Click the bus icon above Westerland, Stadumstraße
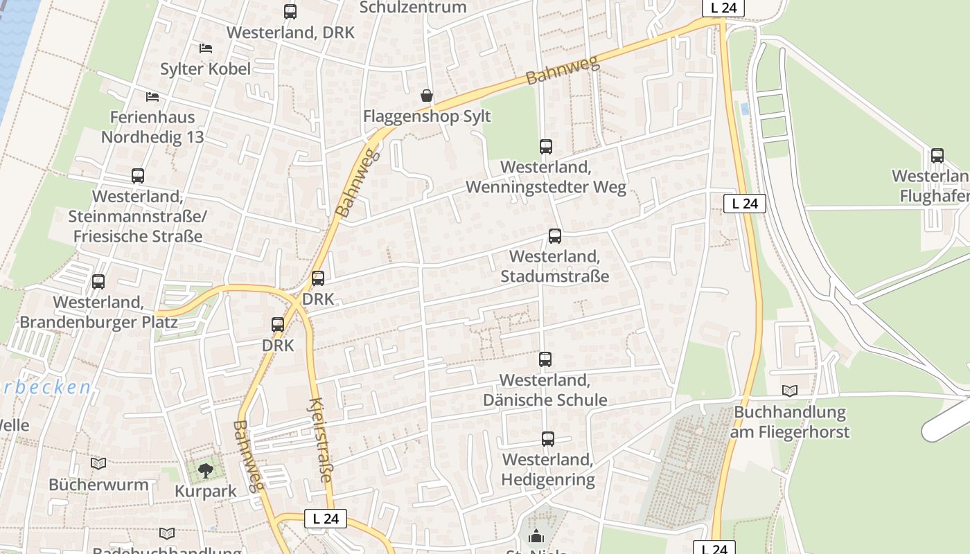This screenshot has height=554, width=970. click(555, 236)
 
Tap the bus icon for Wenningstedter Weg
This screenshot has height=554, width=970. click(546, 147)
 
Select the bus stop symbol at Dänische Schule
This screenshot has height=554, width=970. click(545, 359)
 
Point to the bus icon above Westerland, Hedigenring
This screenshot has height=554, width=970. click(548, 439)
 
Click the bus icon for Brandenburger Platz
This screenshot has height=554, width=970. click(98, 282)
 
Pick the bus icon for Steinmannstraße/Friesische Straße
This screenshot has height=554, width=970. click(138, 176)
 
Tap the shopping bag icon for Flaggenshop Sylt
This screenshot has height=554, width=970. click(427, 96)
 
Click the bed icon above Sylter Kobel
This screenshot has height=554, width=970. click(206, 48)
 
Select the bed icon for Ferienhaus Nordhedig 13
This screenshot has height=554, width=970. click(152, 96)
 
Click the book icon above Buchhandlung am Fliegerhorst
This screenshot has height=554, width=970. click(789, 391)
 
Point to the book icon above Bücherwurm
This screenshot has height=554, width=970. click(98, 463)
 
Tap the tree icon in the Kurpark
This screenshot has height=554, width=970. click(205, 471)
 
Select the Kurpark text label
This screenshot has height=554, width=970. click(205, 492)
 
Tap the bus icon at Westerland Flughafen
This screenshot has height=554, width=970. click(937, 156)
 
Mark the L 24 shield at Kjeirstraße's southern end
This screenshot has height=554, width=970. click(325, 518)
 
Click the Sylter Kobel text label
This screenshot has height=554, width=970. click(205, 69)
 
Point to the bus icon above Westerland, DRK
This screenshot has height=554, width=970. click(290, 12)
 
